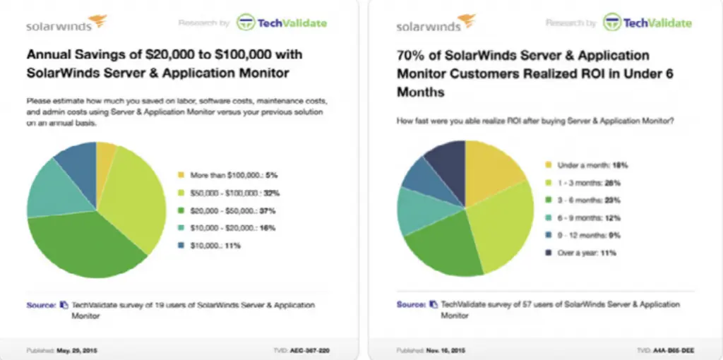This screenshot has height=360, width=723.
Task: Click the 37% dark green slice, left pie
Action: [85, 244]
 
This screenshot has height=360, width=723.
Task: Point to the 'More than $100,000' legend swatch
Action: [181, 174]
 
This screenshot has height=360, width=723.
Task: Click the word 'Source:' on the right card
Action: [410, 305]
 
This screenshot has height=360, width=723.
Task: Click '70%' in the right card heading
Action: [411, 56]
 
